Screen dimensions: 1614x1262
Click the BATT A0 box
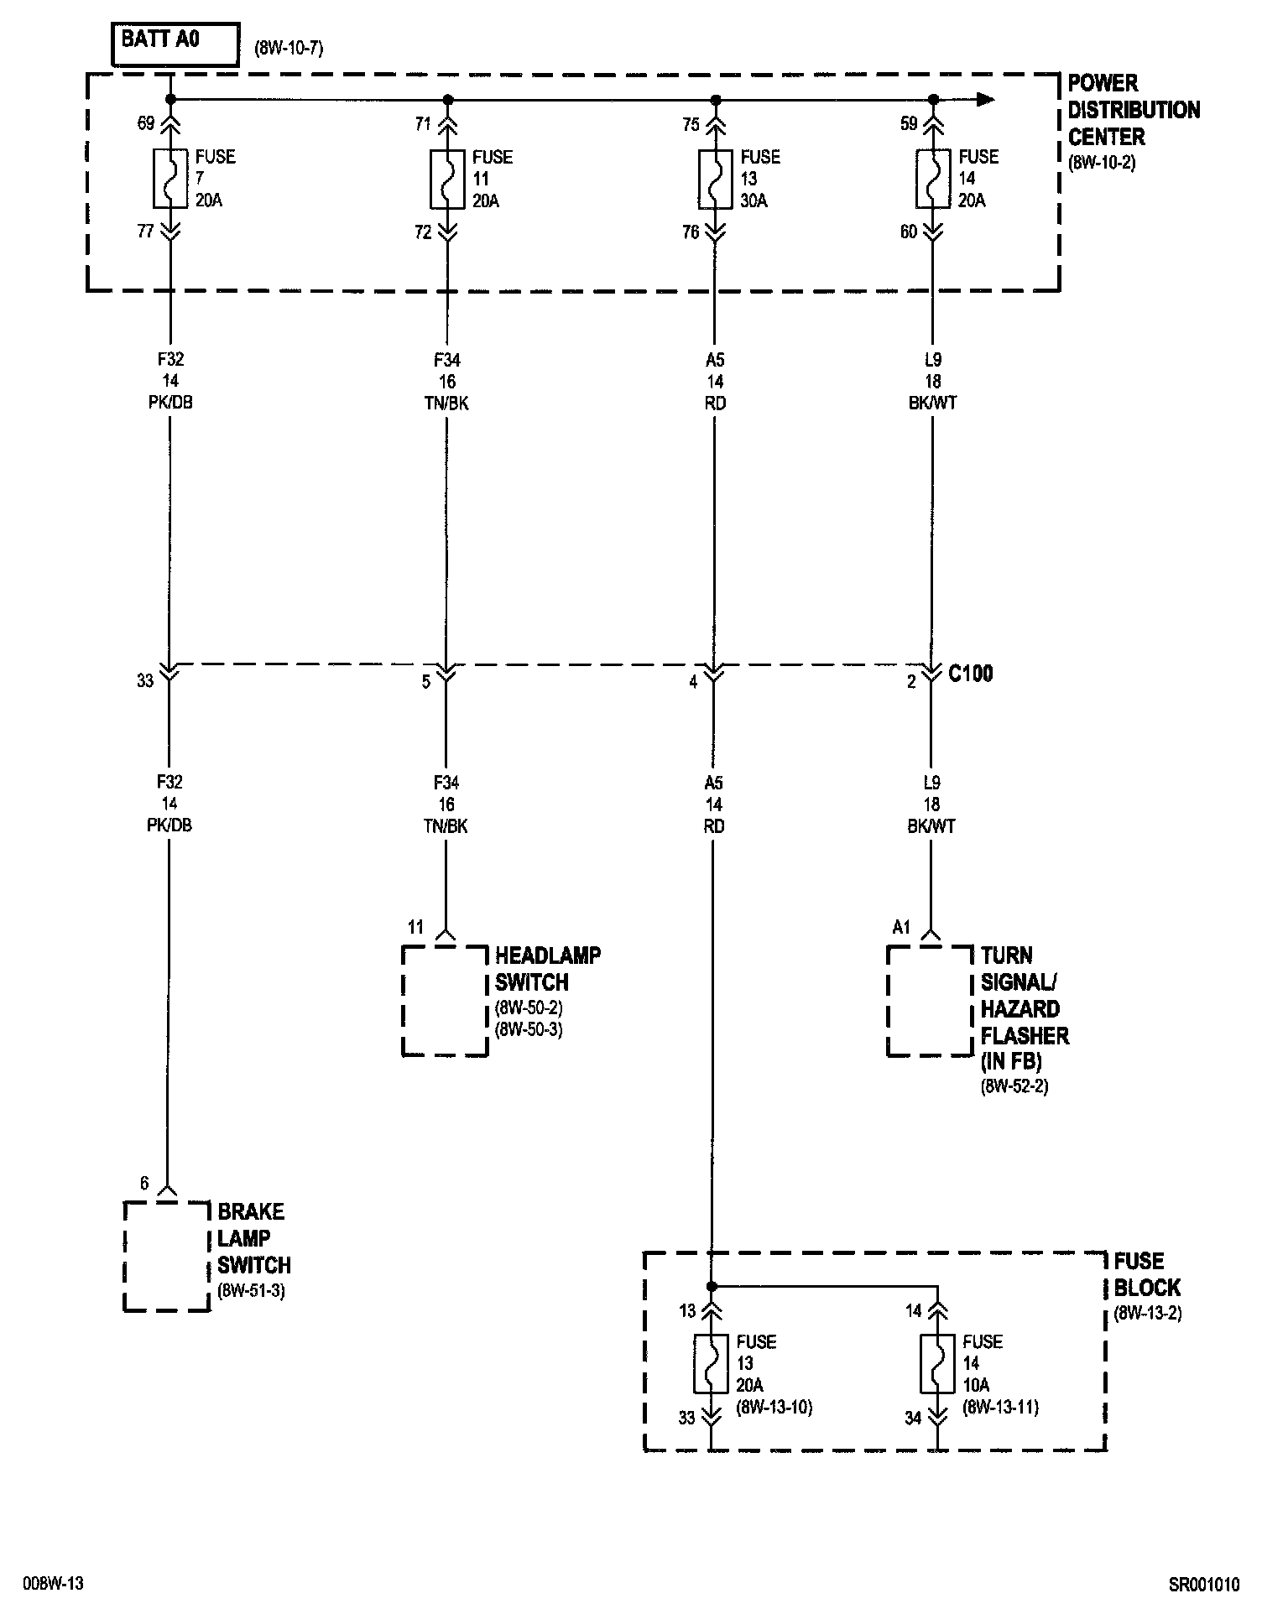[x=175, y=45]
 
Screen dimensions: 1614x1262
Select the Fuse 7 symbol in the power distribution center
[x=170, y=179]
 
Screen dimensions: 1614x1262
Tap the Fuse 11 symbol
[x=447, y=179]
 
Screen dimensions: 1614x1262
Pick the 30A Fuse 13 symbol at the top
[x=715, y=179]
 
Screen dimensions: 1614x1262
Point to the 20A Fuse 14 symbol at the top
[x=932, y=179]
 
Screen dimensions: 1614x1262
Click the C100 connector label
[x=970, y=674]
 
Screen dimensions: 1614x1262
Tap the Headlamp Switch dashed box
[x=445, y=1000]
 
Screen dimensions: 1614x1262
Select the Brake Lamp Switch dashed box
[x=166, y=1256]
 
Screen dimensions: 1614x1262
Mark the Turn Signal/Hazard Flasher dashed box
[x=930, y=1000]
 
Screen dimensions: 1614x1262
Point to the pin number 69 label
[x=145, y=124]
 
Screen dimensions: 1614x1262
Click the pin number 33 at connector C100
[x=145, y=680]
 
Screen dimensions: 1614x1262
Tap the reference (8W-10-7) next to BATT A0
[x=289, y=49]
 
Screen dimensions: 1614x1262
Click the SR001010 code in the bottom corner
[x=1204, y=1585]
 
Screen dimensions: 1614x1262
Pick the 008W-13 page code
[x=54, y=1585]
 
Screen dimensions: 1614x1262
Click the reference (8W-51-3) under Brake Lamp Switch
[x=251, y=1291]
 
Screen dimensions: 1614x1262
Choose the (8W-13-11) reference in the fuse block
[x=1000, y=1407]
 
